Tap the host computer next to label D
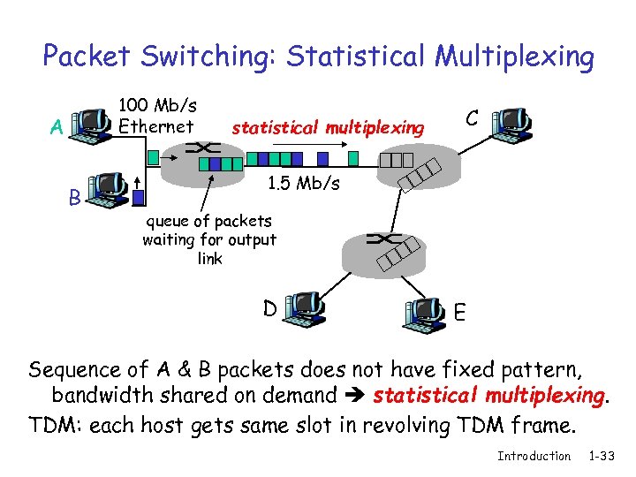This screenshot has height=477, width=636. tap(304, 310)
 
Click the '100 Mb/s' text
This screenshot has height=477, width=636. tap(157, 105)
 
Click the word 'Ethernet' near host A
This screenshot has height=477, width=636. tap(156, 126)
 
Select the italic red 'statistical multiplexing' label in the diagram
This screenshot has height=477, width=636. tap(327, 128)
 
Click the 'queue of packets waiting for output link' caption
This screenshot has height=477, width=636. tap(209, 239)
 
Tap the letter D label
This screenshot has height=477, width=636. tap(270, 308)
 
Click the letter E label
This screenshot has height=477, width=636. tap(460, 313)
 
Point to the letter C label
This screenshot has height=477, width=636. tap(473, 117)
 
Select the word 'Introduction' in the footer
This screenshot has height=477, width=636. tap(534, 456)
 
